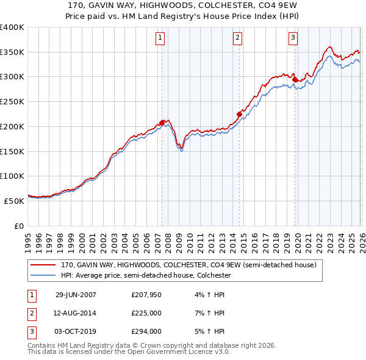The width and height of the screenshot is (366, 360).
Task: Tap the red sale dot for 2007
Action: pyautogui.click(x=162, y=122)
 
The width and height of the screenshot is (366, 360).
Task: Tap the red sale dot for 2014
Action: pyautogui.click(x=239, y=113)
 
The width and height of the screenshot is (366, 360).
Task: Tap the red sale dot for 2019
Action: pyautogui.click(x=295, y=79)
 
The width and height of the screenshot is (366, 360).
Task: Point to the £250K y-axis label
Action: pyautogui.click(x=12, y=102)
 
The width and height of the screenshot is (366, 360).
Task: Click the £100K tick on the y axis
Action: pyautogui.click(x=12, y=176)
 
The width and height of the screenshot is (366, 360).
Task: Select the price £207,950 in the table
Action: pyautogui.click(x=146, y=294)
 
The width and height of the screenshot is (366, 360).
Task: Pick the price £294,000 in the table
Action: pyautogui.click(x=146, y=332)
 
